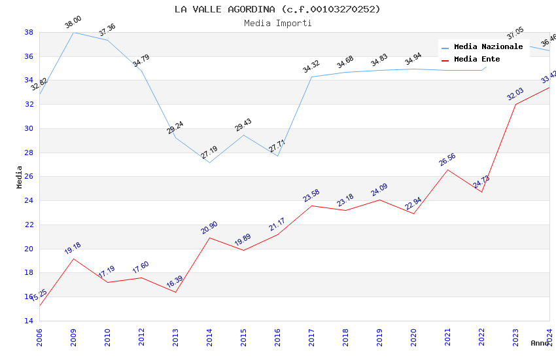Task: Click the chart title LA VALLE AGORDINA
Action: tap(277, 9)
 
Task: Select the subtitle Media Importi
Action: tap(277, 23)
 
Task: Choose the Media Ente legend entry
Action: tap(477, 60)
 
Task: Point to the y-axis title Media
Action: tap(20, 177)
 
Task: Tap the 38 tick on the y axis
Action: tap(29, 32)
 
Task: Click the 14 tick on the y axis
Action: tap(29, 321)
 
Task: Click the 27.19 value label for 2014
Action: tap(209, 153)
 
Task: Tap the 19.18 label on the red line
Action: tap(73, 248)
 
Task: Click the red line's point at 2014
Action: tap(209, 238)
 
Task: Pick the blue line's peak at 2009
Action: tap(73, 32)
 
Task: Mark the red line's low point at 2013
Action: tap(175, 292)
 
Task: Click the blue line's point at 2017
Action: tap(311, 77)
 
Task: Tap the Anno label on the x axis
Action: tap(540, 343)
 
